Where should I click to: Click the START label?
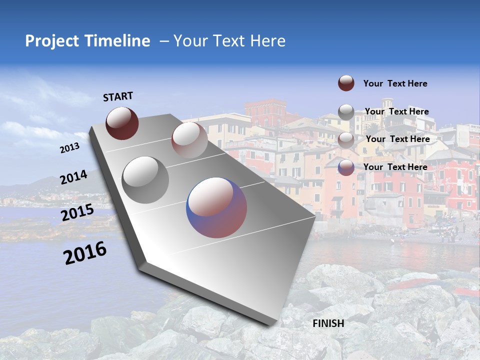118,96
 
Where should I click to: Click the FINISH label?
328,323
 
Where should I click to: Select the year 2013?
69,148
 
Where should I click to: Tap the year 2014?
73,177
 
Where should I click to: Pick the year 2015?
77,213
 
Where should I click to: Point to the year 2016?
85,252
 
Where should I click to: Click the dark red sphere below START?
122,123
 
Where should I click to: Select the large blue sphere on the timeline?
216,207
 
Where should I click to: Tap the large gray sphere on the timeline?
145,180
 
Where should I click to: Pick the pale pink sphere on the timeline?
189,140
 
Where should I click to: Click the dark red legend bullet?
346,83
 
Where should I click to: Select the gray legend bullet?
346,112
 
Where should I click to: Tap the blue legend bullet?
346,167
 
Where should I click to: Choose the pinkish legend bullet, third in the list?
346,140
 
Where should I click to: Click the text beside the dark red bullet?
395,83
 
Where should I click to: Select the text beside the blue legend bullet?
395,167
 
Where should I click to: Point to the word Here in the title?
267,41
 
